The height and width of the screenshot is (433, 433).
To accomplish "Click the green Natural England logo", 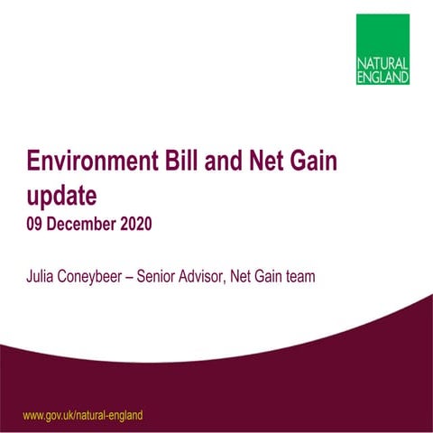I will (x=382, y=49).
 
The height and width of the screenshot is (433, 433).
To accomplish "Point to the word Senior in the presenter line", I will (x=166, y=276).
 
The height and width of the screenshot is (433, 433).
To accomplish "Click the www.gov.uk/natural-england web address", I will (x=82, y=415).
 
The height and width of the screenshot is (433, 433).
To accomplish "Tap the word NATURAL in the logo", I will (x=383, y=66).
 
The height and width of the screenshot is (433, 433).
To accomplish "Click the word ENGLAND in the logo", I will (x=382, y=78).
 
